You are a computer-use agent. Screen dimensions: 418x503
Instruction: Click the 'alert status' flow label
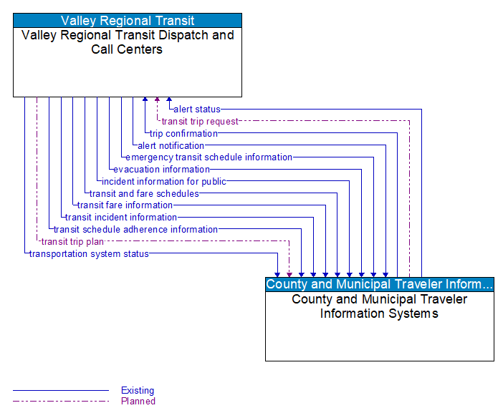click(196, 110)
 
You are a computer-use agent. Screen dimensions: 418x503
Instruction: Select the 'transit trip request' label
click(200, 122)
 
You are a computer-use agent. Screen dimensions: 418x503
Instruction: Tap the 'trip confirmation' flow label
click(183, 133)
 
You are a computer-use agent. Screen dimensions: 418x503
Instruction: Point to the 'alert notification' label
click(171, 145)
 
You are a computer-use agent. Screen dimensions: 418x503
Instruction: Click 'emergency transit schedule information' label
click(209, 157)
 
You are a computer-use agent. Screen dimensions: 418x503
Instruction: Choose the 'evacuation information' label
click(161, 170)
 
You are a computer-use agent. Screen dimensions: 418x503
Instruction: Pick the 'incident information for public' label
click(163, 182)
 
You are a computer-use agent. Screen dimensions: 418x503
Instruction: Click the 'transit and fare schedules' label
click(144, 193)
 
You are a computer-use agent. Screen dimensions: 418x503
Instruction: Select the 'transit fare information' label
click(125, 205)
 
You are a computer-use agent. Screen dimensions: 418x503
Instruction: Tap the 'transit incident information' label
click(121, 218)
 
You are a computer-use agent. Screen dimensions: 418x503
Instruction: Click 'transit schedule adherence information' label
click(135, 230)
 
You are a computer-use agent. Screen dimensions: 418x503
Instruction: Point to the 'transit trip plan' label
click(72, 241)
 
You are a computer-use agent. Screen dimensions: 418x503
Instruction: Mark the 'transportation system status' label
click(89, 253)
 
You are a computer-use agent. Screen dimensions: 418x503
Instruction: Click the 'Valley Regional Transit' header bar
click(128, 21)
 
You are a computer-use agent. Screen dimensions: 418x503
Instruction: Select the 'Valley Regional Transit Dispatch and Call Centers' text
click(128, 42)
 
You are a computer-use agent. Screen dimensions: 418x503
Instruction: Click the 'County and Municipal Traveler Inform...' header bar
click(379, 284)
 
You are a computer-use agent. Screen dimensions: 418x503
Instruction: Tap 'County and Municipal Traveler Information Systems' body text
click(379, 306)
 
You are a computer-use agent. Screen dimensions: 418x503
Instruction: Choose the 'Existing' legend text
click(138, 391)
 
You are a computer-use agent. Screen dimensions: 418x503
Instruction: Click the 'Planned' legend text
click(138, 402)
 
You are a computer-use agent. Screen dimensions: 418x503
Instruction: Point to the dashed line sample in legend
click(61, 402)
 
